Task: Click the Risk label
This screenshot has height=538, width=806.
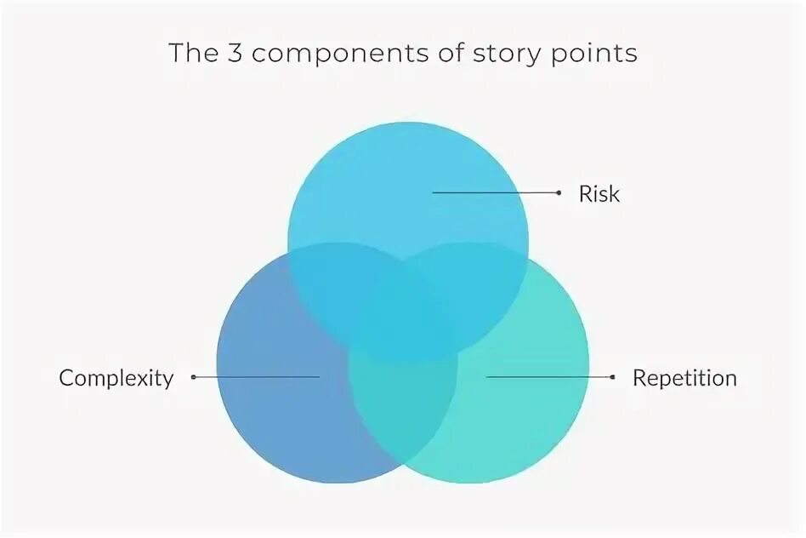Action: click(599, 194)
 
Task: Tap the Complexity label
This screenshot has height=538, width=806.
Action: click(116, 378)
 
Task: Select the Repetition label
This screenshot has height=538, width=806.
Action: click(684, 378)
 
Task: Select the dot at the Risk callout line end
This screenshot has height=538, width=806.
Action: click(559, 193)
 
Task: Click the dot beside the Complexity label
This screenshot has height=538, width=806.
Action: click(194, 376)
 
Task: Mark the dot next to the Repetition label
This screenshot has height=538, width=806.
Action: click(613, 376)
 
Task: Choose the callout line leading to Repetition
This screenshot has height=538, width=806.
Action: click(549, 376)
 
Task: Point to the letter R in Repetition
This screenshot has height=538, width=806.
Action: click(639, 377)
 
